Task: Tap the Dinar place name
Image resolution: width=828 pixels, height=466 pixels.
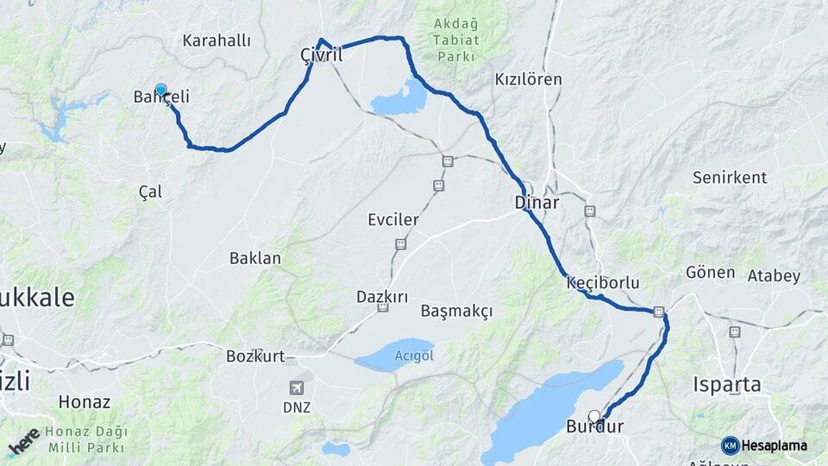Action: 536,203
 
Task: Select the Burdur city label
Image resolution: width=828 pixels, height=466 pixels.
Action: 594,426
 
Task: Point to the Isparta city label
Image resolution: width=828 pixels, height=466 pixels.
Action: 727,384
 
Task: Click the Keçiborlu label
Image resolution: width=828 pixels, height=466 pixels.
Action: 603,282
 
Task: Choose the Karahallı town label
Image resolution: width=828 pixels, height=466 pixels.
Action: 216,41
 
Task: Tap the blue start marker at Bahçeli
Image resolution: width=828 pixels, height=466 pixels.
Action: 160,89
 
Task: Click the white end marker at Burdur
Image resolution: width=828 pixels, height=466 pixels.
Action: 594,416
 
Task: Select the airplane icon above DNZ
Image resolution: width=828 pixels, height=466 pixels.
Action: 297,388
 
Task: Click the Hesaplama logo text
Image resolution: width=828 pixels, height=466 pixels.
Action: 774,445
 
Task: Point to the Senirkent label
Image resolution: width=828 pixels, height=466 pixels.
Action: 730,178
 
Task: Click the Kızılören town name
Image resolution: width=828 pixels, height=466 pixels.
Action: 528,79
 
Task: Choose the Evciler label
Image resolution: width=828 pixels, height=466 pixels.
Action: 392,220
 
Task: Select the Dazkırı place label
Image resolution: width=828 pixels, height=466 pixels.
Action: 382,297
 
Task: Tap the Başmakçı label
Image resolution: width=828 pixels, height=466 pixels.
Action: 456,311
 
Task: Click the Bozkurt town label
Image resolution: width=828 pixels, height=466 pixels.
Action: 254,356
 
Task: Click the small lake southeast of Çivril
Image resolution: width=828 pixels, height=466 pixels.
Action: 398,97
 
